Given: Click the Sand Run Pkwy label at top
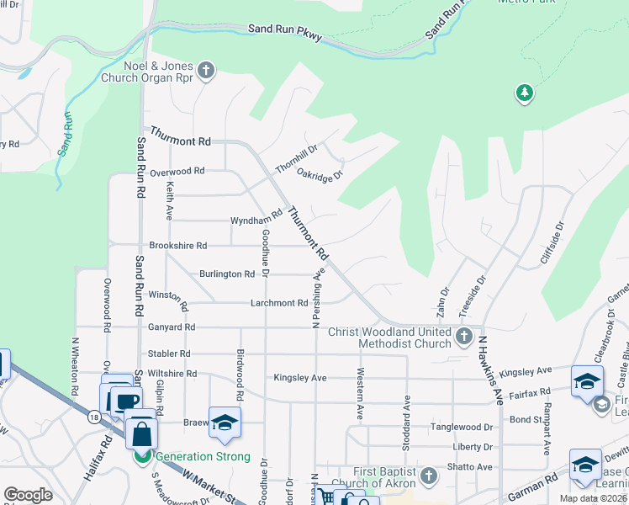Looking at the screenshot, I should (285, 35).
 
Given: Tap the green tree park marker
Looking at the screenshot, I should (525, 92).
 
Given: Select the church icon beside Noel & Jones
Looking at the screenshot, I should (206, 70).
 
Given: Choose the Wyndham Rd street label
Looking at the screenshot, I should (256, 221).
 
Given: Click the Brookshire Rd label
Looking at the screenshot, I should (177, 246).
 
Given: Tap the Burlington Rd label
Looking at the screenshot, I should (227, 274).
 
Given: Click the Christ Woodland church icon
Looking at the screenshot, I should (463, 338).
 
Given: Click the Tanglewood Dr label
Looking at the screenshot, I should (461, 428).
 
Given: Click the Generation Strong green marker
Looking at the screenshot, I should (143, 456).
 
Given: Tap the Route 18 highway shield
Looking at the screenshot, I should (92, 416).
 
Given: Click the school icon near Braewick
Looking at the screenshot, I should (225, 423).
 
